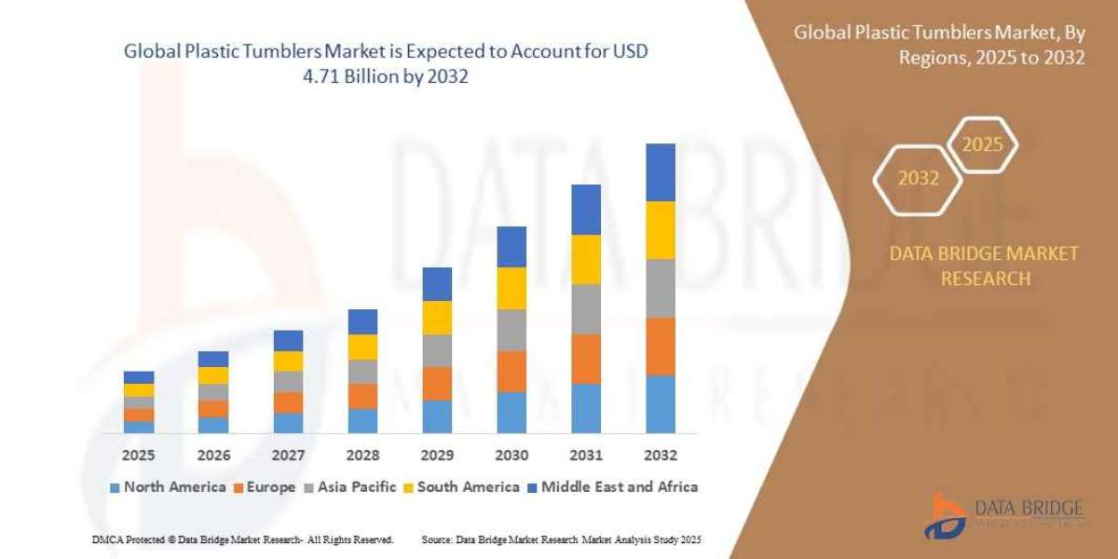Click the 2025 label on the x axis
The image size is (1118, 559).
click(x=139, y=456)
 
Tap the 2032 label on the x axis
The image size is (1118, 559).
click(x=660, y=456)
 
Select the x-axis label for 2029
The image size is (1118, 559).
click(x=437, y=456)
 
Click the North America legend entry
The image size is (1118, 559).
click(x=168, y=487)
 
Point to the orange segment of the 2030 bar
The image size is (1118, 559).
click(x=511, y=371)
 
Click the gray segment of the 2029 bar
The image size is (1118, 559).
click(x=437, y=350)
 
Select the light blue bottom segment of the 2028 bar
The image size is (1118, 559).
click(x=362, y=421)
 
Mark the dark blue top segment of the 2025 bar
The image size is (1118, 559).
click(x=139, y=377)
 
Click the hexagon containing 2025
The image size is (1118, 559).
click(x=982, y=145)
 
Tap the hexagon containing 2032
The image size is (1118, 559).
click(x=918, y=179)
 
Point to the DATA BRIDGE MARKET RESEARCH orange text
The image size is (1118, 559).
click(x=984, y=266)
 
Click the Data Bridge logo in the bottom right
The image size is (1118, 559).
click(x=1004, y=515)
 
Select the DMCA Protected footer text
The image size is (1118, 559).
click(x=242, y=539)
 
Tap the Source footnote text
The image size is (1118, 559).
click(x=561, y=539)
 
